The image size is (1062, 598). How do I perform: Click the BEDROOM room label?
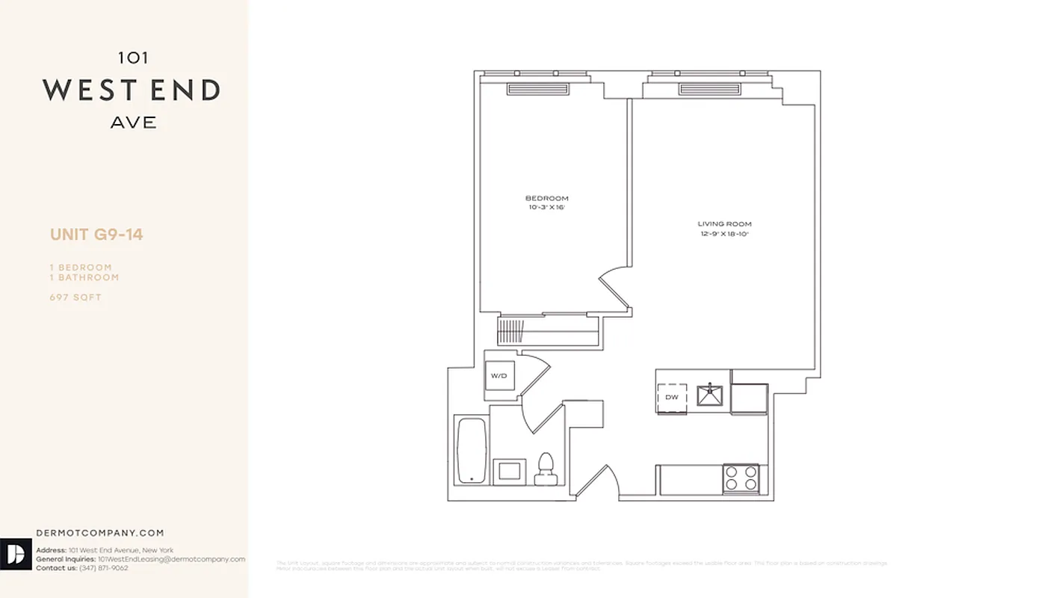coord(546,198)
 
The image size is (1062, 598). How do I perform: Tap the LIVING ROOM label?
coord(724,224)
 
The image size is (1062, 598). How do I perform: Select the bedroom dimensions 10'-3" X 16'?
coord(546,207)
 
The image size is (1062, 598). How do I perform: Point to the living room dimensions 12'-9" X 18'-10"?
coord(724,234)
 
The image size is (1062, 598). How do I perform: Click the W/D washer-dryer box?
coord(498,375)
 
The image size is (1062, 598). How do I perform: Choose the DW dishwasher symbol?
coord(672,397)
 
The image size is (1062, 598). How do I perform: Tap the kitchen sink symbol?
coord(709,394)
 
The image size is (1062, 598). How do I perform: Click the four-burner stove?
coord(741,478)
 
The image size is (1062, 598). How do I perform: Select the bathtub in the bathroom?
coord(472,451)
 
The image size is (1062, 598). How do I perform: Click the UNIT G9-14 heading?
coord(96,235)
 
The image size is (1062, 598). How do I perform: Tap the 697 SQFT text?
coord(75,298)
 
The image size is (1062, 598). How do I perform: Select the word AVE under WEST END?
coord(134,123)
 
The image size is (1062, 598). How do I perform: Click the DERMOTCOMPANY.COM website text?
coord(99,533)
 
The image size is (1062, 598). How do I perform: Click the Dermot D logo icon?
coord(16,554)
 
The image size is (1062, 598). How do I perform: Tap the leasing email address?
coord(171,559)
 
